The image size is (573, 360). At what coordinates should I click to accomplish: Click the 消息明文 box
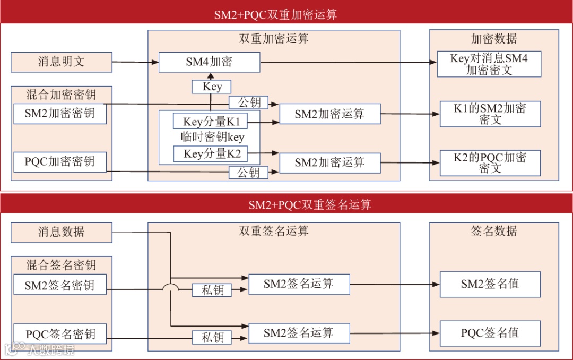[x=62, y=62]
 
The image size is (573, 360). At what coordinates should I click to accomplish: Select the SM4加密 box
[x=209, y=62]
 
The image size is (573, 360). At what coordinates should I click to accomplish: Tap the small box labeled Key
[x=212, y=87]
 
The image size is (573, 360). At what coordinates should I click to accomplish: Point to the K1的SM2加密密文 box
[x=490, y=114]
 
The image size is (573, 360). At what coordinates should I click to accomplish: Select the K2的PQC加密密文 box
[x=490, y=162]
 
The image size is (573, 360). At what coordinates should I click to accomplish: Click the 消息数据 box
[x=62, y=232]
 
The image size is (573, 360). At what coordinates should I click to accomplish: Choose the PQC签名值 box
[x=490, y=333]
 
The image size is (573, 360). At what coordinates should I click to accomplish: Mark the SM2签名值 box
[x=490, y=284]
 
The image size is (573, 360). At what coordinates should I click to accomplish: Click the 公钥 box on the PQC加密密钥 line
[x=248, y=173]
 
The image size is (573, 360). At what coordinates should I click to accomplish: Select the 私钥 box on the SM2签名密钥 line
[x=212, y=290]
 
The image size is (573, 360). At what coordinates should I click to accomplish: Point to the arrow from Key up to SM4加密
[x=211, y=76]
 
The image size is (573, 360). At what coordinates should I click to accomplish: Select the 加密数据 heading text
[x=493, y=39]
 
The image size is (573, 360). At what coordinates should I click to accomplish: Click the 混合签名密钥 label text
[x=62, y=264]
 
